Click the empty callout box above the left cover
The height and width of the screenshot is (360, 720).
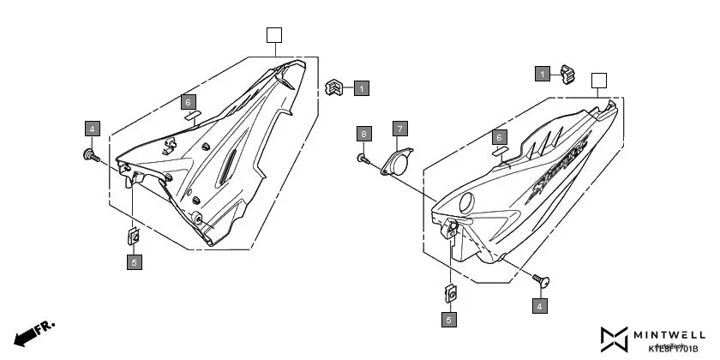[273, 35]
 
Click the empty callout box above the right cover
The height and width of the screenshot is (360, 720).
[599, 81]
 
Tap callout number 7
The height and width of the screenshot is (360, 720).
[399, 129]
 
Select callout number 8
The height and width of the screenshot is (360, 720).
[364, 134]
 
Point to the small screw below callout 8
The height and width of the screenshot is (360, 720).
[363, 158]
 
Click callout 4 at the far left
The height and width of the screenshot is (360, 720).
[93, 129]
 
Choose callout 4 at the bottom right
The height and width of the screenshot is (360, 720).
[539, 305]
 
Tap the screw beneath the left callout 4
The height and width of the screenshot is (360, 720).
[90, 155]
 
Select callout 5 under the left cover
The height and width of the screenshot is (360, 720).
[134, 262]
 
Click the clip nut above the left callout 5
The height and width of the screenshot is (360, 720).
[134, 235]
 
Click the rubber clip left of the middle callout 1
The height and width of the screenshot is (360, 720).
[334, 87]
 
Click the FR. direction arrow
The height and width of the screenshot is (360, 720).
[33, 333]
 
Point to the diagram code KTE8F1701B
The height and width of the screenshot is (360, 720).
[673, 349]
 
